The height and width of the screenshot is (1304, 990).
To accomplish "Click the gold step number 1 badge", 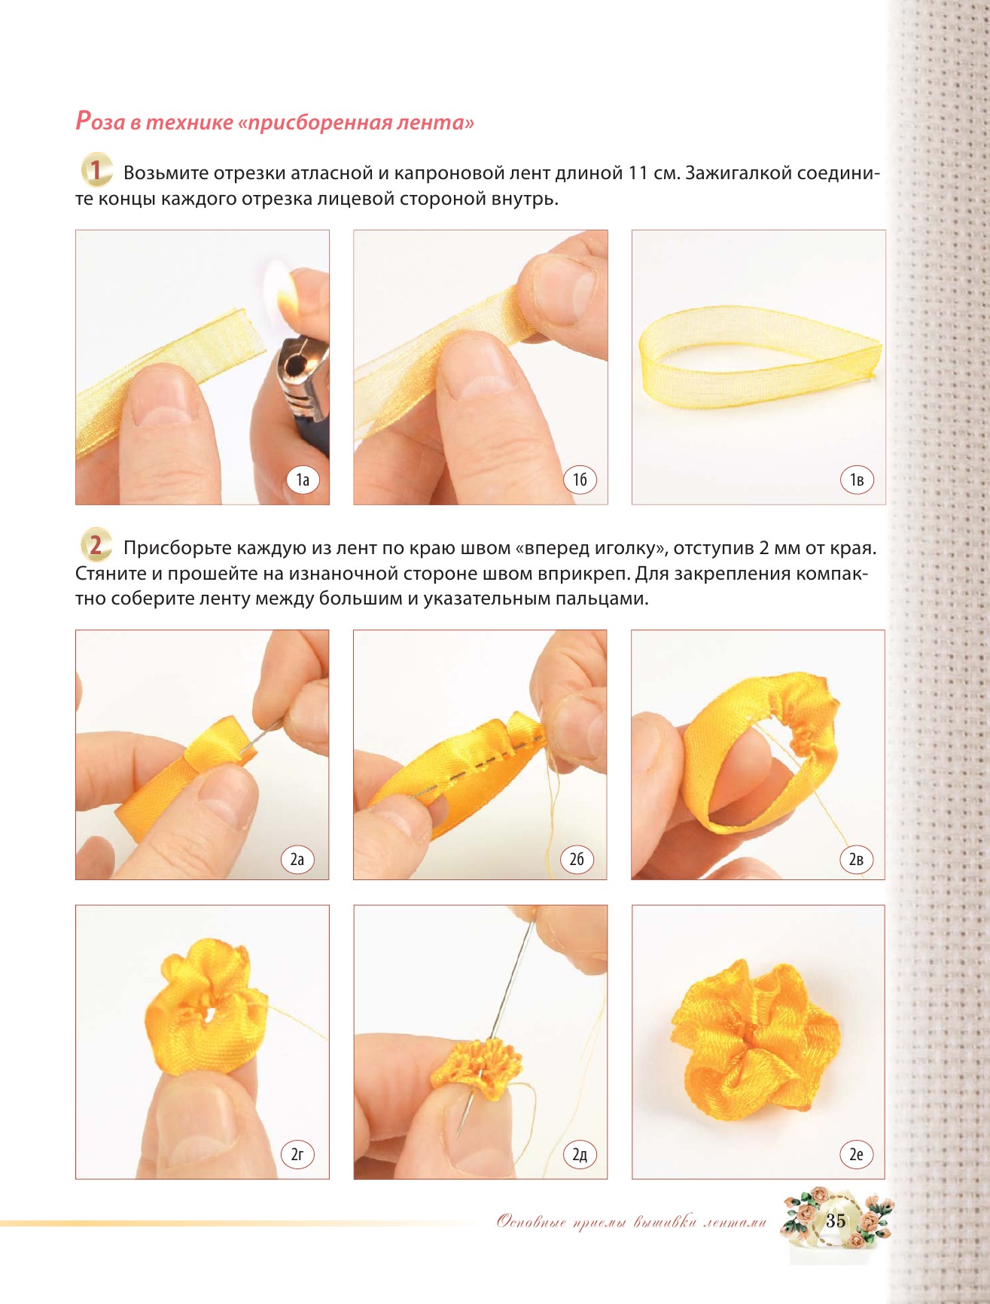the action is click(x=96, y=171).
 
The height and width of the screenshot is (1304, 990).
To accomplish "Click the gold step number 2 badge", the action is click(x=96, y=545).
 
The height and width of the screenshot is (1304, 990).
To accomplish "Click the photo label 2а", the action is click(x=297, y=859).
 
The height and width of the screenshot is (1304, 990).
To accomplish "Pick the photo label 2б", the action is click(x=577, y=859).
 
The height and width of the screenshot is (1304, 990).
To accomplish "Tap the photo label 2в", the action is click(x=856, y=859).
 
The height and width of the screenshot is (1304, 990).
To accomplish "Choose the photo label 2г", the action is click(x=297, y=1154).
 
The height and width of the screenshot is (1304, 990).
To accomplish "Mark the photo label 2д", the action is click(x=580, y=1154).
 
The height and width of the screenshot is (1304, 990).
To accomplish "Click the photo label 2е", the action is click(x=856, y=1154).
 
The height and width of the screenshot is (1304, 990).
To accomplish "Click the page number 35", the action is click(x=836, y=1221).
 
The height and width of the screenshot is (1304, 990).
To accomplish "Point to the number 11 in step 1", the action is click(x=638, y=173).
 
